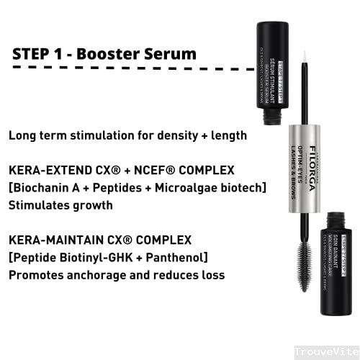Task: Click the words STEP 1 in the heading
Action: coord(39,55)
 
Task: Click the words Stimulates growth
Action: coord(60,204)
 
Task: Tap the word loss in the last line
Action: coord(210,274)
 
